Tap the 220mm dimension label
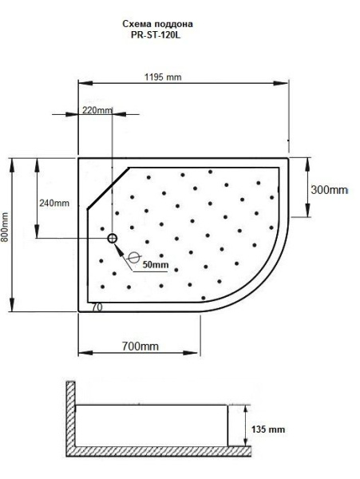pyautogui.click(x=97, y=109)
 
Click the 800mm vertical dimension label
pyautogui.click(x=6, y=232)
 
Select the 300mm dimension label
pyautogui.click(x=330, y=190)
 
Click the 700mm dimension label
pyautogui.click(x=138, y=346)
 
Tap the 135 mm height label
pyautogui.click(x=268, y=429)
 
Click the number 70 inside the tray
pyautogui.click(x=96, y=307)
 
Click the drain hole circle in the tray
pyautogui.click(x=112, y=238)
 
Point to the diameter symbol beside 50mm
pyautogui.click(x=133, y=258)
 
